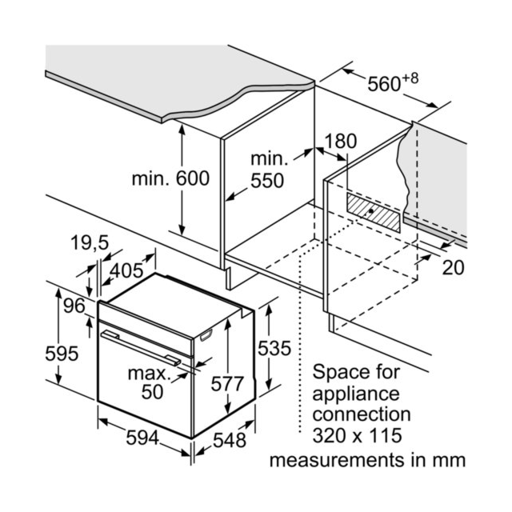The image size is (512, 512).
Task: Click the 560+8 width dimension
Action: pos(393,82)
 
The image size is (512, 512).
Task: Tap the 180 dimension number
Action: pos(341,142)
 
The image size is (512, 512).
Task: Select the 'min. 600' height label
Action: pos(170,178)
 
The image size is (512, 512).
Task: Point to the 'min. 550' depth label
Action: pos(269,170)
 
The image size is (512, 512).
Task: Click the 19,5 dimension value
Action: pos(90,242)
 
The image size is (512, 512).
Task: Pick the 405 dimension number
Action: pos(126,270)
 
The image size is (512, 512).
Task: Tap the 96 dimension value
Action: pos(74,306)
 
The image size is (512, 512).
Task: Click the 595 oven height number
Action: pos(62,354)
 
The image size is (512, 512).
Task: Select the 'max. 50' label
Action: pos(150,382)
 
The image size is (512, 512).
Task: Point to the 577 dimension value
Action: pos(227,384)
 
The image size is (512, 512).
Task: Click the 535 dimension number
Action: pos(274,348)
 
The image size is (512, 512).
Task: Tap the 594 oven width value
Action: pos(142,438)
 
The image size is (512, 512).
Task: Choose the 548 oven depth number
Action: pos(230,440)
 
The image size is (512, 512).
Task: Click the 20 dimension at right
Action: pos(454,268)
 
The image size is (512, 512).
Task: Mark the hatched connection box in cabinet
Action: pos(374,213)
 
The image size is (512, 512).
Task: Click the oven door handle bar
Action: pos(141,347)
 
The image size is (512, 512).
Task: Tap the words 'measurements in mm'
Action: pos(367,461)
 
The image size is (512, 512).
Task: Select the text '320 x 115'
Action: pos(358,435)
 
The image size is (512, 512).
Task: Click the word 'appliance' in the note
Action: pos(356,394)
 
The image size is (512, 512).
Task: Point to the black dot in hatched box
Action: pos(371,211)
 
